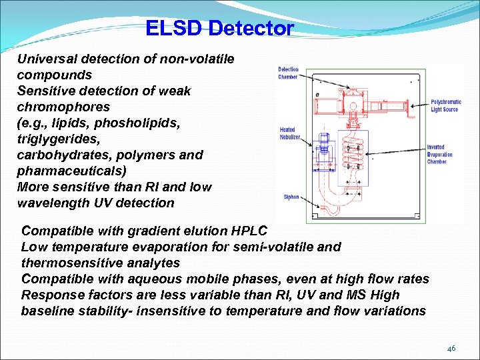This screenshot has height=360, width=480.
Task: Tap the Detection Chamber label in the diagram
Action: (288, 73)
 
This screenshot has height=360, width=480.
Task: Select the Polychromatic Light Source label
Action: (445, 105)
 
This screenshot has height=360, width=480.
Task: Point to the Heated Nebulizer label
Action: (290, 133)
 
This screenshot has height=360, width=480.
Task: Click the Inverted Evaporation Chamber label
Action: (439, 155)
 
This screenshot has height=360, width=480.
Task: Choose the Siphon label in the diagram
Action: (291, 197)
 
